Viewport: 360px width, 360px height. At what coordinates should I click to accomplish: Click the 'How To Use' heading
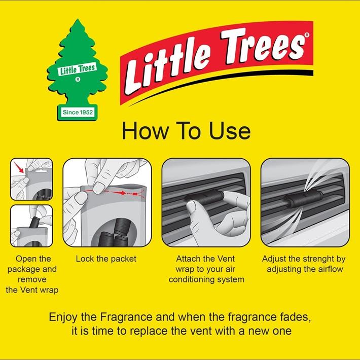click(x=186, y=130)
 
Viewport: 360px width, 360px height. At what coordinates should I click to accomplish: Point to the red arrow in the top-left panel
click(x=20, y=168)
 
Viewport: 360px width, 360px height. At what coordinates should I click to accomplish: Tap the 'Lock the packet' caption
click(x=106, y=259)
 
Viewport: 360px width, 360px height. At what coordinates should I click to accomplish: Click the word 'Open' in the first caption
click(x=26, y=259)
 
